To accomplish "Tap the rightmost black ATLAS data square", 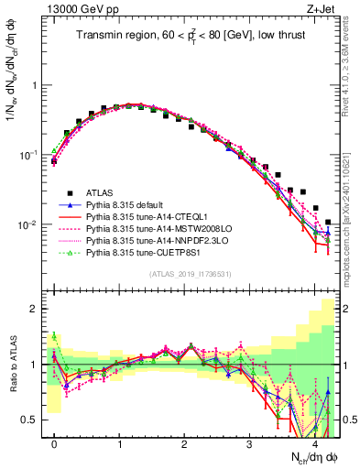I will (328, 222).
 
